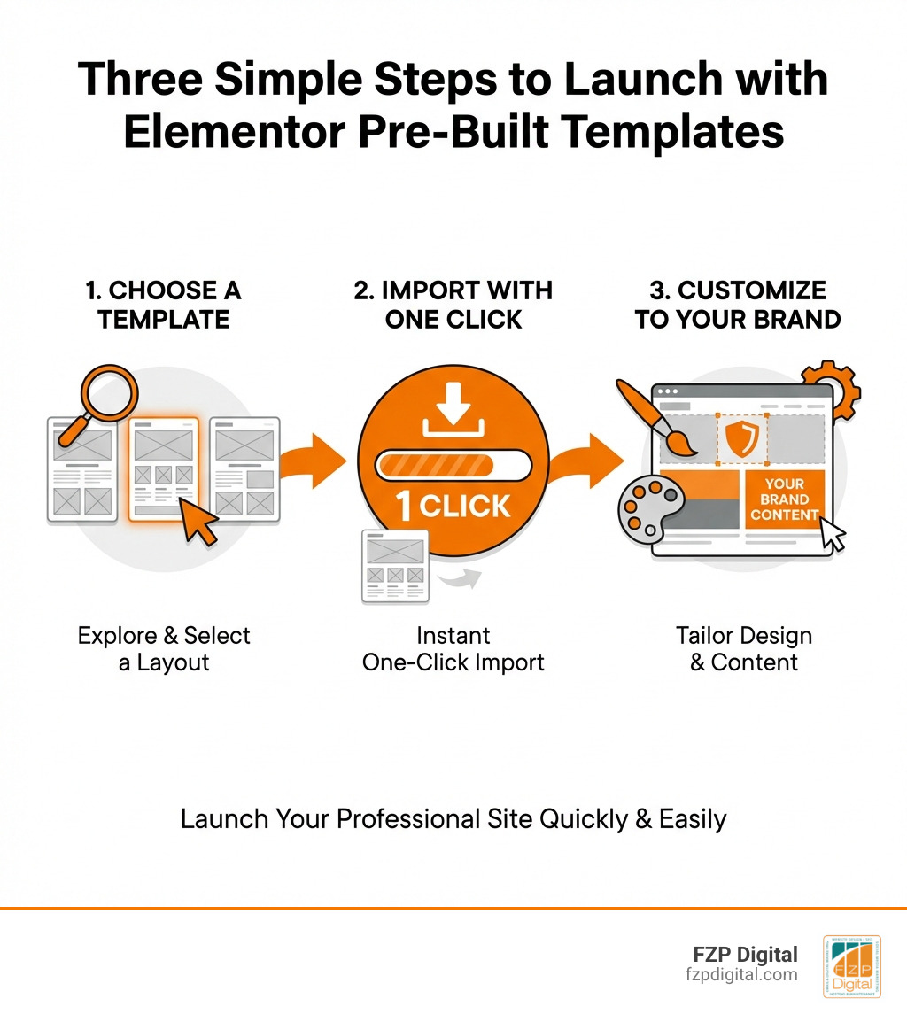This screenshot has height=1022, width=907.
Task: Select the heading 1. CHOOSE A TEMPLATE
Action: click(x=164, y=304)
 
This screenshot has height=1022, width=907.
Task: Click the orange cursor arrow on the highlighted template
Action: click(x=200, y=524)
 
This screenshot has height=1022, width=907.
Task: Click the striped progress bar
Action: click(x=453, y=465)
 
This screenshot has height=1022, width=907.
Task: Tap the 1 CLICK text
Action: click(x=453, y=506)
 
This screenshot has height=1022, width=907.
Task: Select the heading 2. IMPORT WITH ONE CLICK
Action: click(x=453, y=304)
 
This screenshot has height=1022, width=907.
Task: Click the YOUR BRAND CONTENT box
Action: click(x=784, y=499)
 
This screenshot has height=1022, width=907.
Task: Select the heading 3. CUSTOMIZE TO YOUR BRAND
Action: click(x=738, y=304)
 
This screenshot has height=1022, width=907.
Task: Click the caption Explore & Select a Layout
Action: click(x=164, y=648)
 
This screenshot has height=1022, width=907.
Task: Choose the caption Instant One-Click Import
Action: click(x=453, y=648)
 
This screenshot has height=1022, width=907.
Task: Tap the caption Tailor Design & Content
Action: click(x=743, y=648)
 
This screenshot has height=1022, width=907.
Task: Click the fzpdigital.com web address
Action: click(x=742, y=975)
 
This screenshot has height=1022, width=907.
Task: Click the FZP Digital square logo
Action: click(x=851, y=966)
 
